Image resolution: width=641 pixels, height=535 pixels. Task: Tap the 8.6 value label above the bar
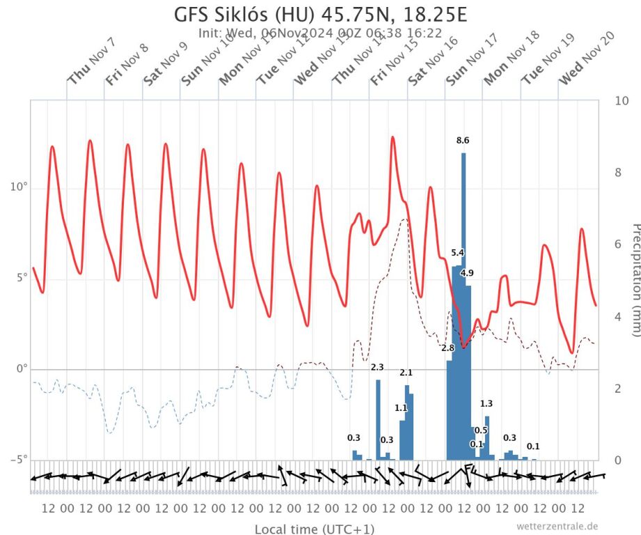pyautogui.click(x=463, y=141)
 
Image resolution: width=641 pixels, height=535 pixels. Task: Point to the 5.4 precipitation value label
pyautogui.click(x=458, y=252)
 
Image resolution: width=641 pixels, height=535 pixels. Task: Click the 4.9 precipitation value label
pyautogui.click(x=467, y=272)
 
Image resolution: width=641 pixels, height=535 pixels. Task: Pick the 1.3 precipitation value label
pyautogui.click(x=486, y=403)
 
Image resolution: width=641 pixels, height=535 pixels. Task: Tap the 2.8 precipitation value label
pyautogui.click(x=448, y=348)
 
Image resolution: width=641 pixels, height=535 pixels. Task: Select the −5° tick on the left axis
pyautogui.click(x=17, y=460)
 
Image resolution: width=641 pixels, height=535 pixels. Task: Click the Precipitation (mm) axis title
pyautogui.click(x=634, y=279)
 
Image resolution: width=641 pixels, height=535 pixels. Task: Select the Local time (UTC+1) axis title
pyautogui.click(x=314, y=529)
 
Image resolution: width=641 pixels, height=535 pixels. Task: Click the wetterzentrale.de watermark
pyautogui.click(x=557, y=526)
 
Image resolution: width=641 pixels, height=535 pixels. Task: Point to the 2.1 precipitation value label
pyautogui.click(x=406, y=373)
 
